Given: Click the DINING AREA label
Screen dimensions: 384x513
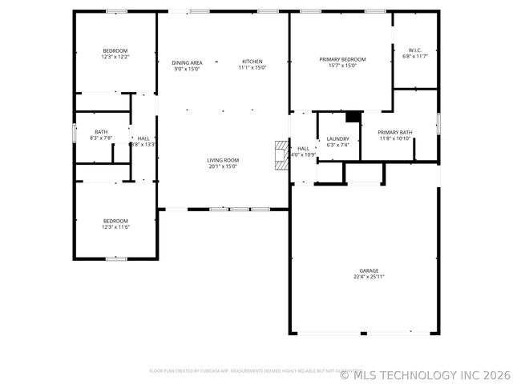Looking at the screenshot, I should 188,62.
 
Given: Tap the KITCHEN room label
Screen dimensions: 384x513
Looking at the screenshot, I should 252,62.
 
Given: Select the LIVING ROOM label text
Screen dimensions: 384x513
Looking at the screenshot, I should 224,160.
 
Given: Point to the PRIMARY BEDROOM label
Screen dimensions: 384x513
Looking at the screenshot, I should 342,59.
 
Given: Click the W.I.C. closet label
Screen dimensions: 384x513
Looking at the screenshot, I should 415,50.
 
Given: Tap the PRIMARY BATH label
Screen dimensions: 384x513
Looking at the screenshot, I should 395,132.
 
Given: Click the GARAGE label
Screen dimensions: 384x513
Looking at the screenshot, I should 369,270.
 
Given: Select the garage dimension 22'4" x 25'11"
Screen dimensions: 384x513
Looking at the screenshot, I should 369,277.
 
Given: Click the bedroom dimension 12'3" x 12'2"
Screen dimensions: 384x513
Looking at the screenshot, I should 115,57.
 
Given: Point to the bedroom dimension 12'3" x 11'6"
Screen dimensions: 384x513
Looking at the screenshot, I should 115,227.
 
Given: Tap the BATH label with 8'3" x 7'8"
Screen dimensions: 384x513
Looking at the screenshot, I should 101,132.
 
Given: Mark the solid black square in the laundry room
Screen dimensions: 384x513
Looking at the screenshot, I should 352,117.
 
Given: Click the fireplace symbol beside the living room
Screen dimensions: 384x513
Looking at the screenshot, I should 280,155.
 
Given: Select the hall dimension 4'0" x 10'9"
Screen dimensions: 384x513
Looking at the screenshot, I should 304,154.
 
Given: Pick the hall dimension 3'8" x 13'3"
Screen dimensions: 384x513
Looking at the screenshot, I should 143,145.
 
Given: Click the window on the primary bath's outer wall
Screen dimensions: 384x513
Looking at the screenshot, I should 438,123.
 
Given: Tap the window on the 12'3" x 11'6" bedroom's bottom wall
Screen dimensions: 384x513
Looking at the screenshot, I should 116,258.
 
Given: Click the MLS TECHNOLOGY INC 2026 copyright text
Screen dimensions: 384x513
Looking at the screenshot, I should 426,374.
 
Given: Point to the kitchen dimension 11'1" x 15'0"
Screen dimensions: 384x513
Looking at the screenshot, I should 252,69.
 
